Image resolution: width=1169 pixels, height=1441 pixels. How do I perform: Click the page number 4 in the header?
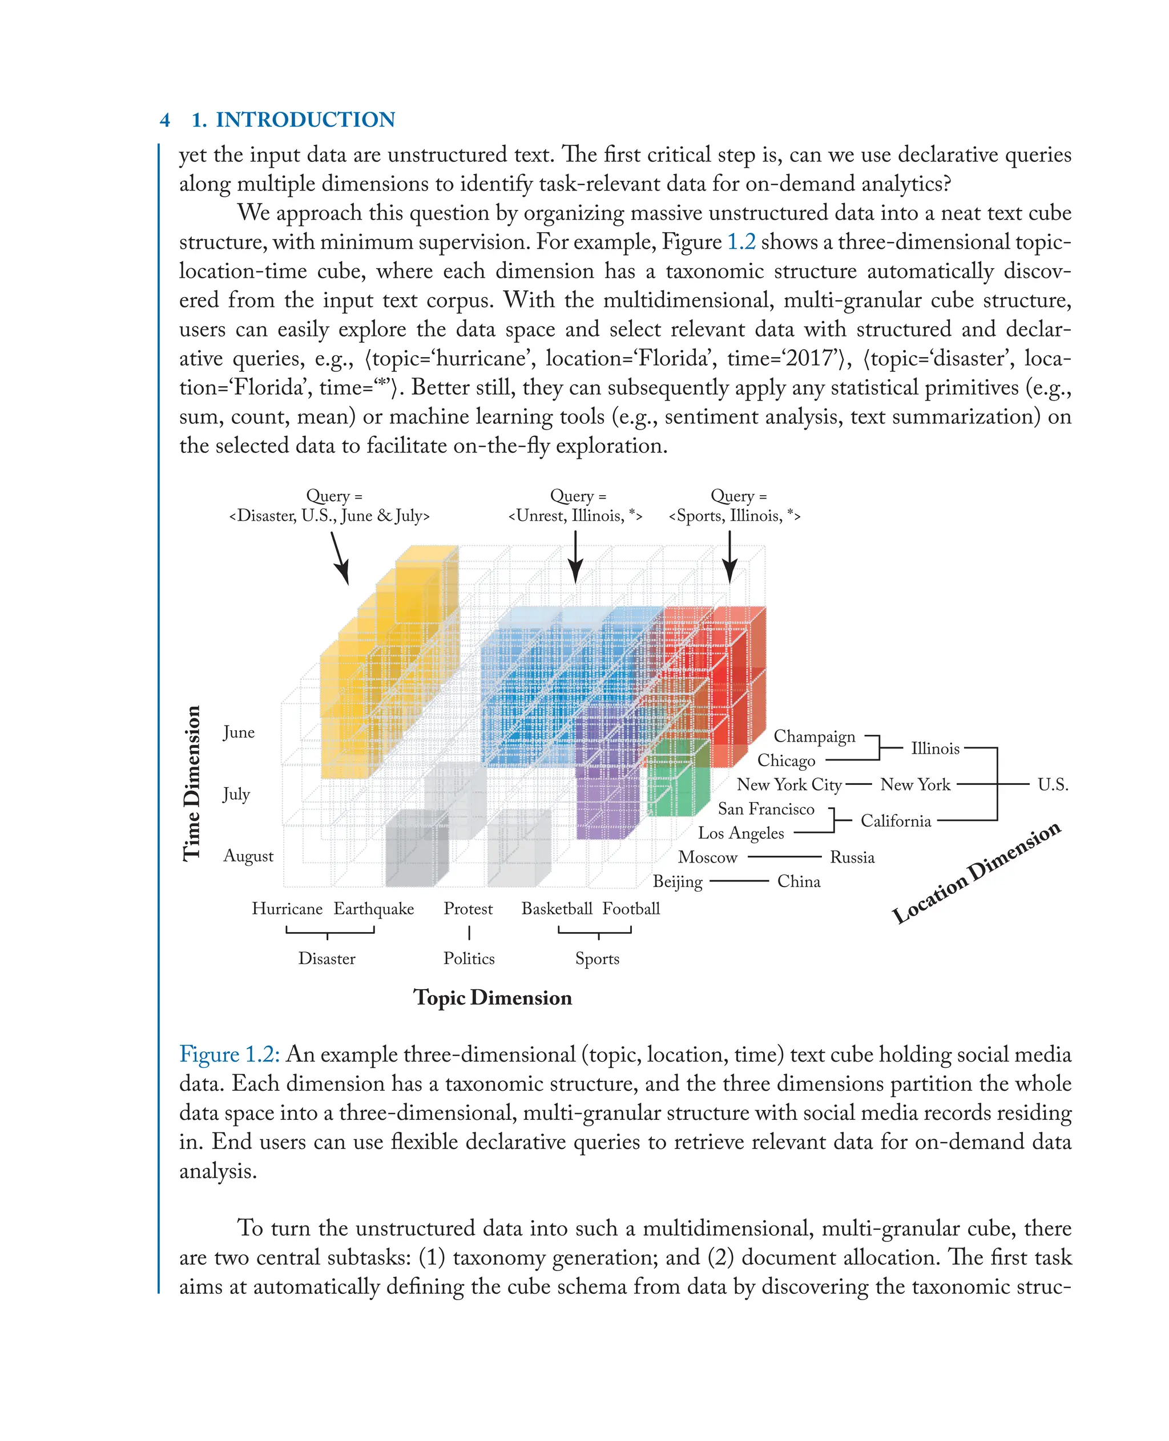[x=165, y=120]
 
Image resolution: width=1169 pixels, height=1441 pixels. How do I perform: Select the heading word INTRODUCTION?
[x=305, y=120]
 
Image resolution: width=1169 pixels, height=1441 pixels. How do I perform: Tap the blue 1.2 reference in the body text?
[x=741, y=242]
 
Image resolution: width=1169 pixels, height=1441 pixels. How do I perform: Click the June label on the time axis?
[x=239, y=732]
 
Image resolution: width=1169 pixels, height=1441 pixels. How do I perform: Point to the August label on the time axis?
[x=248, y=856]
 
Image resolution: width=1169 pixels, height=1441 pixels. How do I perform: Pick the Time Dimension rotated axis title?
[x=192, y=783]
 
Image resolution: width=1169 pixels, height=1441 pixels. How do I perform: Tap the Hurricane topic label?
[x=287, y=909]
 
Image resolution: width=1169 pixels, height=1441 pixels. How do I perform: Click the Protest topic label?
[x=468, y=909]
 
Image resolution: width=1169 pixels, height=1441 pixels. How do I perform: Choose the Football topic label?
[x=631, y=909]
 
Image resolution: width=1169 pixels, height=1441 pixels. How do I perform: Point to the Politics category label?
[x=469, y=958]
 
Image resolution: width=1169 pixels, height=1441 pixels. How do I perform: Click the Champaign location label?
[x=814, y=736]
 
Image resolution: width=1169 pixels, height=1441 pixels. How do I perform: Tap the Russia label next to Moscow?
[x=852, y=857]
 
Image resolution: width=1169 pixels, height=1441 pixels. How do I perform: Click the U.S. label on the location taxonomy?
[x=1053, y=785]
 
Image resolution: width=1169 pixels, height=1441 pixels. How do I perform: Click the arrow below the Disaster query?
[x=340, y=558]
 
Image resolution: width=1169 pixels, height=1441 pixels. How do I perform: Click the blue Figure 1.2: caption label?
[x=229, y=1055]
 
